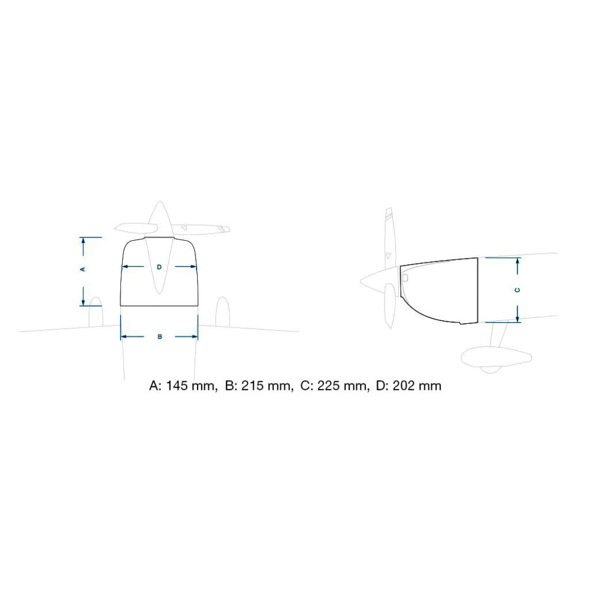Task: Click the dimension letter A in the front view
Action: [x=83, y=269]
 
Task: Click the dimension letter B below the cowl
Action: [x=159, y=336]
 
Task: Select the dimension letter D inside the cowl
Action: [x=159, y=267]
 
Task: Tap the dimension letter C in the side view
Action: [x=518, y=290]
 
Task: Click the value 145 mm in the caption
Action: [x=190, y=386]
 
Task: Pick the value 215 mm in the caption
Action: [x=267, y=386]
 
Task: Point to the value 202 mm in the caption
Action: [x=417, y=386]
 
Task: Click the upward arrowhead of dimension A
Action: [x=83, y=241]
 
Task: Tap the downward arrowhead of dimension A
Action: [x=83, y=301]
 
